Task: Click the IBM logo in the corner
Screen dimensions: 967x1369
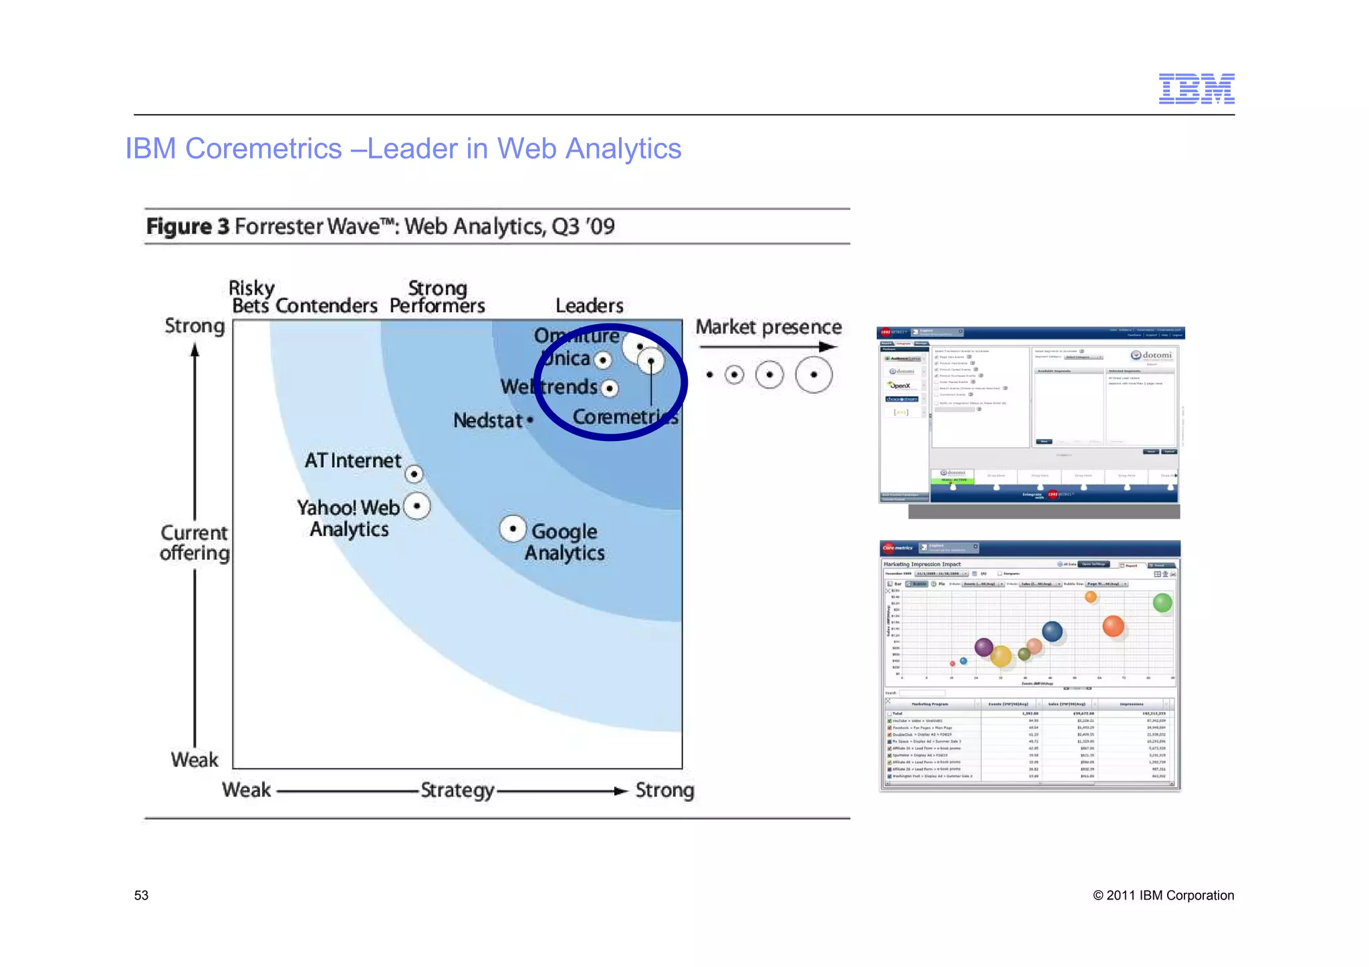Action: click(x=1196, y=89)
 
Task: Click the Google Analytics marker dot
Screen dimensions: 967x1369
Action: click(x=513, y=529)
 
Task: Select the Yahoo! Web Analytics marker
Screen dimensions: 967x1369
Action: click(x=417, y=506)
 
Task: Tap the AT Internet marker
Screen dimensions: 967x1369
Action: click(x=414, y=474)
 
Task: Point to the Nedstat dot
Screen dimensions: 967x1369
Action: click(x=530, y=420)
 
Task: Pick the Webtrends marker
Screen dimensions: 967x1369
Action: click(x=610, y=388)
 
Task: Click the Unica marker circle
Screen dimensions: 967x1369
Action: click(x=603, y=361)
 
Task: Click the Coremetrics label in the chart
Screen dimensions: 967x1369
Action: click(x=625, y=417)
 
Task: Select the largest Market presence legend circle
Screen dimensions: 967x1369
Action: click(x=814, y=375)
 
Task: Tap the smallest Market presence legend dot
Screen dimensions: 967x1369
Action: click(x=710, y=375)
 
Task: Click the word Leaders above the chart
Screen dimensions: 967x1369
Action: click(x=589, y=306)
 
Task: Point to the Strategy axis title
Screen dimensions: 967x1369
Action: click(x=457, y=791)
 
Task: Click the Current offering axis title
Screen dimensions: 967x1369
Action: click(x=195, y=543)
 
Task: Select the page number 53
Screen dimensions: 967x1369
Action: click(x=141, y=895)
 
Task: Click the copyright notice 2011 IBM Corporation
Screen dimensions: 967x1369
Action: click(x=1163, y=895)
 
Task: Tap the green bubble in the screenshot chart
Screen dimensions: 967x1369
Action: click(x=1162, y=603)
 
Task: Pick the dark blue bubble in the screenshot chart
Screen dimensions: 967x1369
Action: click(x=1052, y=632)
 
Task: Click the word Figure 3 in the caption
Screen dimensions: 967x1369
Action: click(x=188, y=227)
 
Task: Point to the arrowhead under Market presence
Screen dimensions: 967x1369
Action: click(x=828, y=347)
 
